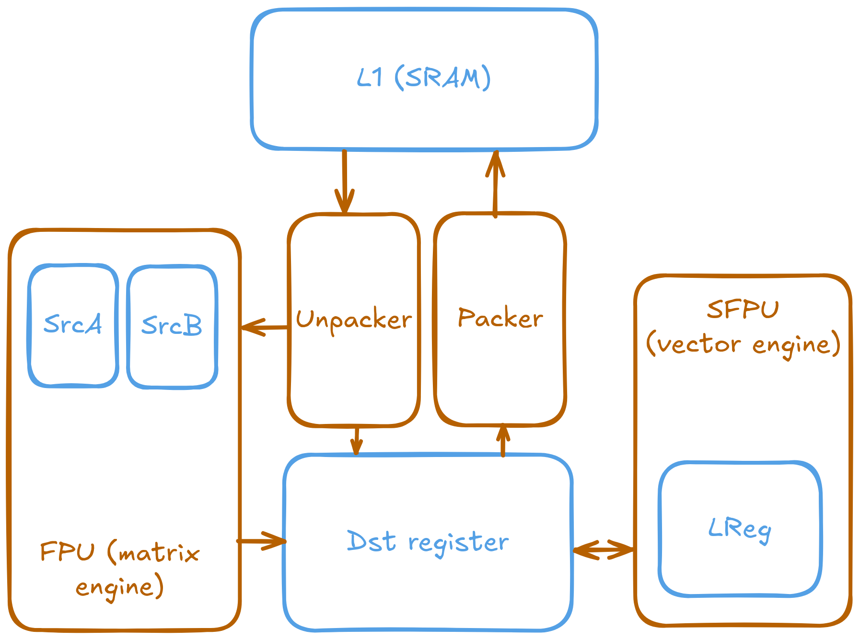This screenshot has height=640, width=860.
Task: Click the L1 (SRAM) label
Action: tap(424, 78)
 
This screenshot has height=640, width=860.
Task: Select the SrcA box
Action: tap(73, 325)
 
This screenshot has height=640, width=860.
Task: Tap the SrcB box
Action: tap(172, 326)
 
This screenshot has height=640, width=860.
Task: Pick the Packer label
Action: tap(500, 318)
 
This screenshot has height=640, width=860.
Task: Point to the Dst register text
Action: tap(428, 542)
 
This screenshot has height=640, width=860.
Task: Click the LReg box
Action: tap(740, 529)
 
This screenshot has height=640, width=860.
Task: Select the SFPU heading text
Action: tap(743, 309)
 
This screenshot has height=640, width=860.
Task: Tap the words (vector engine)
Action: tap(743, 344)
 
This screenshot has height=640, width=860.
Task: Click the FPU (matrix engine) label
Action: tap(120, 570)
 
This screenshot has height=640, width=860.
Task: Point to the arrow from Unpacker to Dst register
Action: tap(356, 440)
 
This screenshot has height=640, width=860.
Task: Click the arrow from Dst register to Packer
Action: tap(503, 441)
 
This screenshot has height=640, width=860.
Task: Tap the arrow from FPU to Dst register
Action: tap(262, 541)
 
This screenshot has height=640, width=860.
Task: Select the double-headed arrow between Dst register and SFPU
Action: tap(603, 549)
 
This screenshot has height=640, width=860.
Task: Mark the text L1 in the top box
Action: tap(370, 77)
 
